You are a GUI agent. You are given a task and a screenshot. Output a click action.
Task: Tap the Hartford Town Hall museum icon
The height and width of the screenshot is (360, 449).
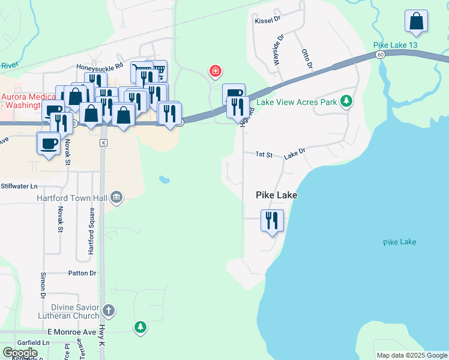click(116, 197)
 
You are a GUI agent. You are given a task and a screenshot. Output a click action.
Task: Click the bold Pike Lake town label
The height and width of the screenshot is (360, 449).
click(277, 195)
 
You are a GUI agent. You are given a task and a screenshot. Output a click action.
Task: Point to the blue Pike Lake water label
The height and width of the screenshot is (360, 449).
click(399, 242)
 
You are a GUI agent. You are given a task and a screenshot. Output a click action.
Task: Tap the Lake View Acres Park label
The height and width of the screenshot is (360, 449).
click(297, 102)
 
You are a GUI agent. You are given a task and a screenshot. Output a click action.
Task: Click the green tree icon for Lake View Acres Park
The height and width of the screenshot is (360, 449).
click(346, 101)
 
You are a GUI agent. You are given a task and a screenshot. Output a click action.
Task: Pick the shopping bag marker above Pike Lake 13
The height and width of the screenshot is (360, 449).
click(416, 22)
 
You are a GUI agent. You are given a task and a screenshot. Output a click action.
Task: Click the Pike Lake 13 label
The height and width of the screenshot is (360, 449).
click(395, 45)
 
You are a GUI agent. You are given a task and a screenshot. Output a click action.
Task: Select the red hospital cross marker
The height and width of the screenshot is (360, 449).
click(215, 73)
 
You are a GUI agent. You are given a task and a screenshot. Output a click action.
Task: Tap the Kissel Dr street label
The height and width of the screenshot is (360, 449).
click(268, 20)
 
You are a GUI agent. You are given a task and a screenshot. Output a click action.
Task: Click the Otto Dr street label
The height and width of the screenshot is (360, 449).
click(306, 58)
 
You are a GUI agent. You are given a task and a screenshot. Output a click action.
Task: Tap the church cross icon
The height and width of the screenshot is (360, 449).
click(108, 311)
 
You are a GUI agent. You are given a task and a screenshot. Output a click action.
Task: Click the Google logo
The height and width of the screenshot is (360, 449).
click(20, 353)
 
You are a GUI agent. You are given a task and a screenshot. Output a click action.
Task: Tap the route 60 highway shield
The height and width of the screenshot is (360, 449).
click(381, 54)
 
